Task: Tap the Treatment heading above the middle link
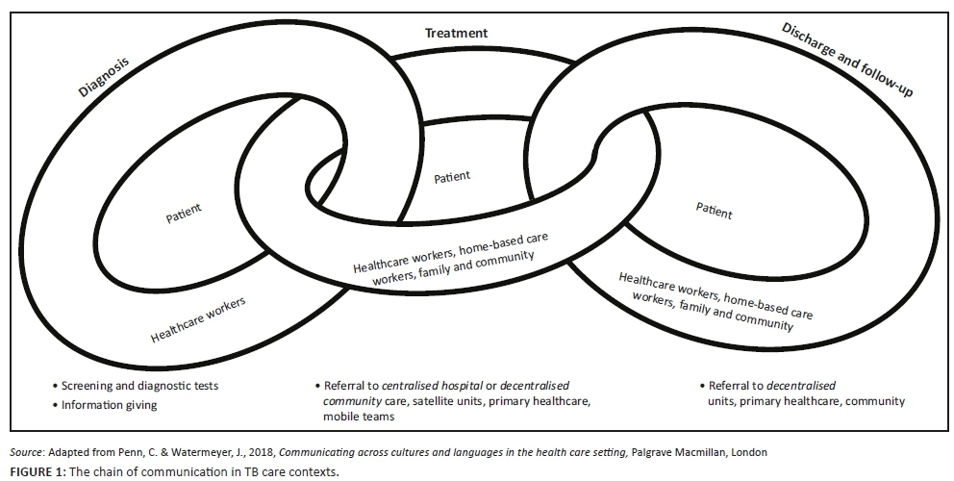(457, 33)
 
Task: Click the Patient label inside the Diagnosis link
(185, 212)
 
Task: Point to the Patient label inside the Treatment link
(452, 177)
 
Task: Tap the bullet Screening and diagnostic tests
(140, 386)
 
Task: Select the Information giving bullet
(110, 405)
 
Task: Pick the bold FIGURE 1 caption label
(36, 471)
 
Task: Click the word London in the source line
(748, 452)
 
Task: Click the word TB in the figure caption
(244, 471)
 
